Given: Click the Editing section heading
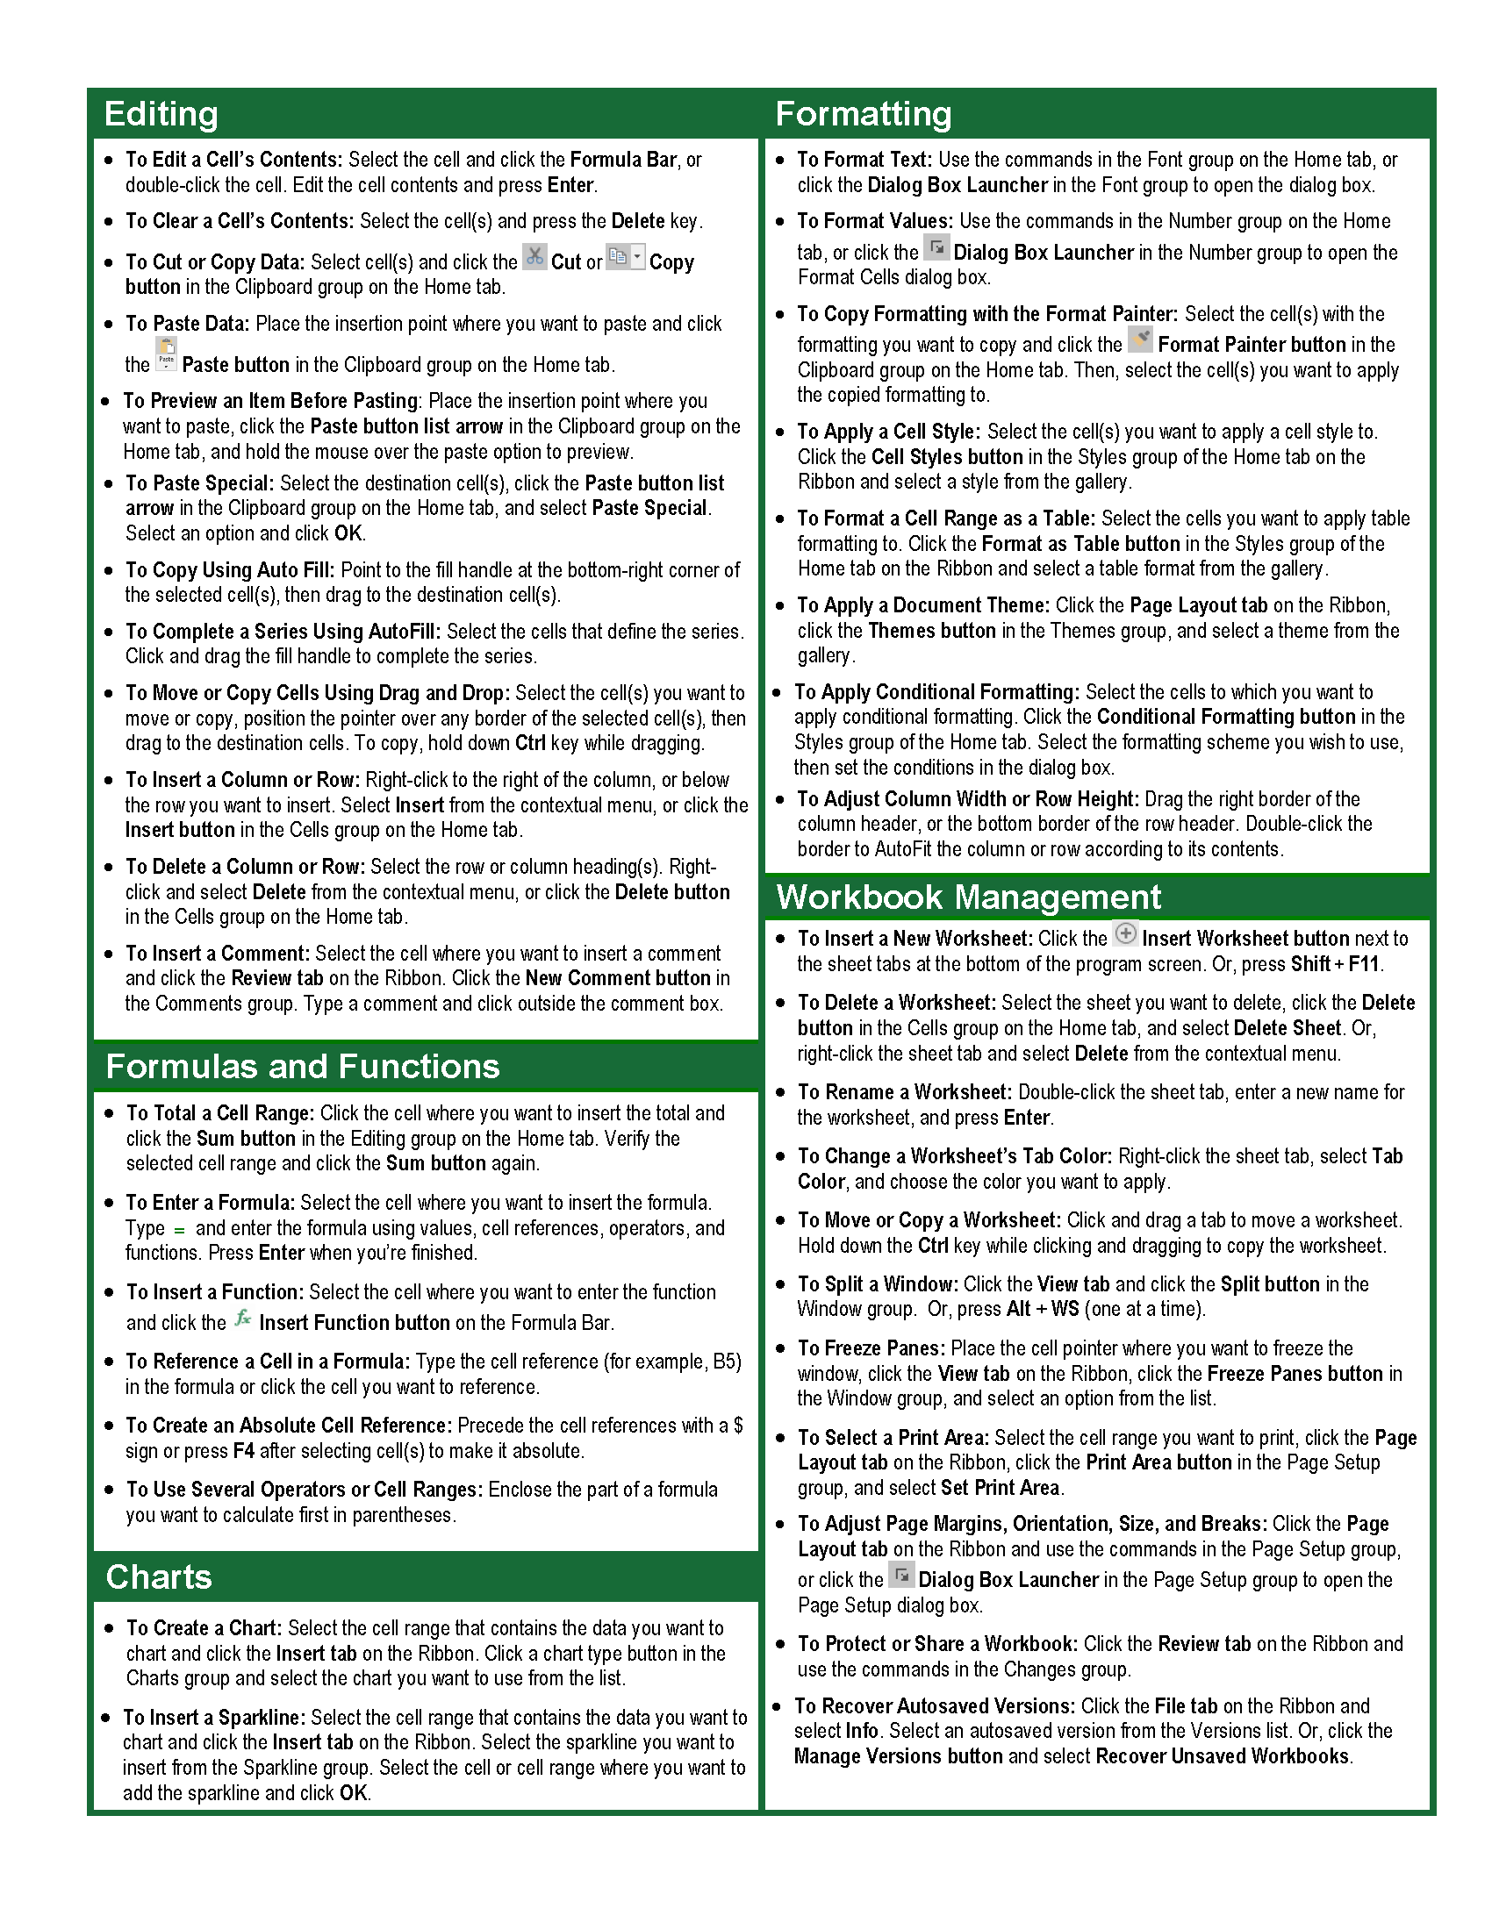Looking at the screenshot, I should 161,114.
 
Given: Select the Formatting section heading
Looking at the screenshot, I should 863,114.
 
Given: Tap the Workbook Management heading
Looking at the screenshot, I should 968,897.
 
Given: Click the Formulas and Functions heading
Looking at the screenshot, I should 302,1067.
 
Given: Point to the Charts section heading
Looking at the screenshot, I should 159,1577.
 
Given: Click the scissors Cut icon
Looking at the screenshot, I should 534,257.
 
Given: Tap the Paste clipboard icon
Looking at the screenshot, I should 166,354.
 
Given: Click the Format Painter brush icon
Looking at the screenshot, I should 1140,340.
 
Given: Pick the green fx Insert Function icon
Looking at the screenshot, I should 242,1319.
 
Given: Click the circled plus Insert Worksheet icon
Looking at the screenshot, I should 1125,933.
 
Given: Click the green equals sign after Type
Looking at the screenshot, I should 179,1229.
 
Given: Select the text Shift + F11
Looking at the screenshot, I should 1335,963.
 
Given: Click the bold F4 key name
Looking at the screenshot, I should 244,1450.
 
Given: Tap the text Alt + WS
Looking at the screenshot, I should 1043,1309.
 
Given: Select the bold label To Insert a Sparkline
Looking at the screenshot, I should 214,1717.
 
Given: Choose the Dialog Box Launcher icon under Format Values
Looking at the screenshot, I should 936,247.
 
